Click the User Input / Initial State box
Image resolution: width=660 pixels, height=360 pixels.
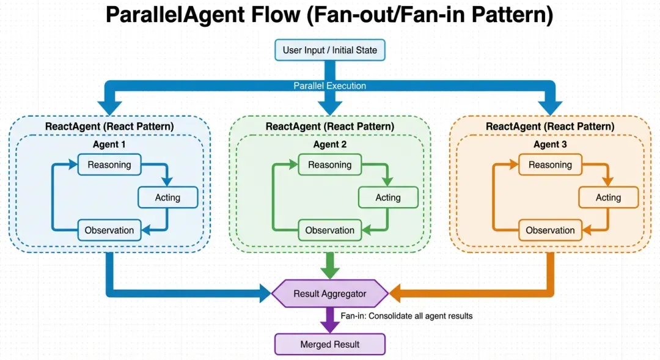coord(330,50)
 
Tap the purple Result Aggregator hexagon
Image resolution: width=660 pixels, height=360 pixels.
coord(330,294)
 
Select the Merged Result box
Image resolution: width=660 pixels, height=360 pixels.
coord(330,345)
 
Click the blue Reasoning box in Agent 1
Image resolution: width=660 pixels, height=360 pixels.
coord(109,165)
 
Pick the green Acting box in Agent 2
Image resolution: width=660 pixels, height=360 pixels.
coord(388,197)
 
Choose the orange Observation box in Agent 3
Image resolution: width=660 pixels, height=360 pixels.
coord(550,230)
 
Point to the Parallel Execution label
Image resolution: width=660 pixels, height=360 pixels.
coord(330,86)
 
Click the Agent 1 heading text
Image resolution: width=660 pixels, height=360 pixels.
coord(109,145)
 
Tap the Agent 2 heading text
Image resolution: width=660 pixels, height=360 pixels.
coord(330,145)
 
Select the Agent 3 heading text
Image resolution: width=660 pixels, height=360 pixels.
coord(550,145)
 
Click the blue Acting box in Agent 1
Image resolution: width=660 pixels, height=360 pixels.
coord(167,197)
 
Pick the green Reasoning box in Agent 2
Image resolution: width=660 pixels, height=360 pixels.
coord(330,165)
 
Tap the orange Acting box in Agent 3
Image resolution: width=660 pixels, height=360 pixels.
coord(608,197)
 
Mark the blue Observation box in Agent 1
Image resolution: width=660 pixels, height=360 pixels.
coord(109,230)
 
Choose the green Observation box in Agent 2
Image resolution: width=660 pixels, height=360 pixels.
coord(330,230)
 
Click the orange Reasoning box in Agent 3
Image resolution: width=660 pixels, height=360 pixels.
coord(550,165)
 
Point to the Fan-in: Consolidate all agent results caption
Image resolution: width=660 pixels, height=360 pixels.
coord(406,316)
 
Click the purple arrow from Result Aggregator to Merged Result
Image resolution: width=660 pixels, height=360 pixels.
coord(330,320)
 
